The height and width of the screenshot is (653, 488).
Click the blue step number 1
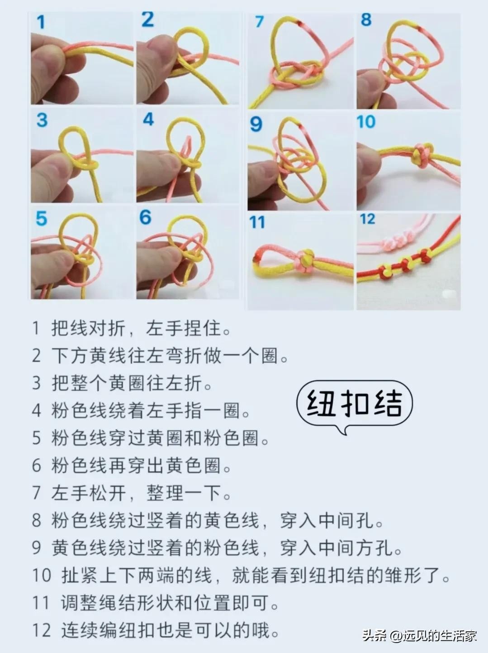click(41, 22)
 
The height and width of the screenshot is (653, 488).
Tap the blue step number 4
click(148, 119)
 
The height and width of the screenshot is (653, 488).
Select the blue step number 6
click(145, 217)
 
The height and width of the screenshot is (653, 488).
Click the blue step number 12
click(367, 219)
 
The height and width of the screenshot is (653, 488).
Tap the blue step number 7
click(259, 21)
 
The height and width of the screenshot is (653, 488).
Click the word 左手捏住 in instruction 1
click(183, 328)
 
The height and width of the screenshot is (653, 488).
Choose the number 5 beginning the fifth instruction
click(36, 438)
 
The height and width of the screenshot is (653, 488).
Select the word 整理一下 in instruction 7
click(184, 493)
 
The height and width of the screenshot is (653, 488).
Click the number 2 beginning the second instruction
click(36, 355)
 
